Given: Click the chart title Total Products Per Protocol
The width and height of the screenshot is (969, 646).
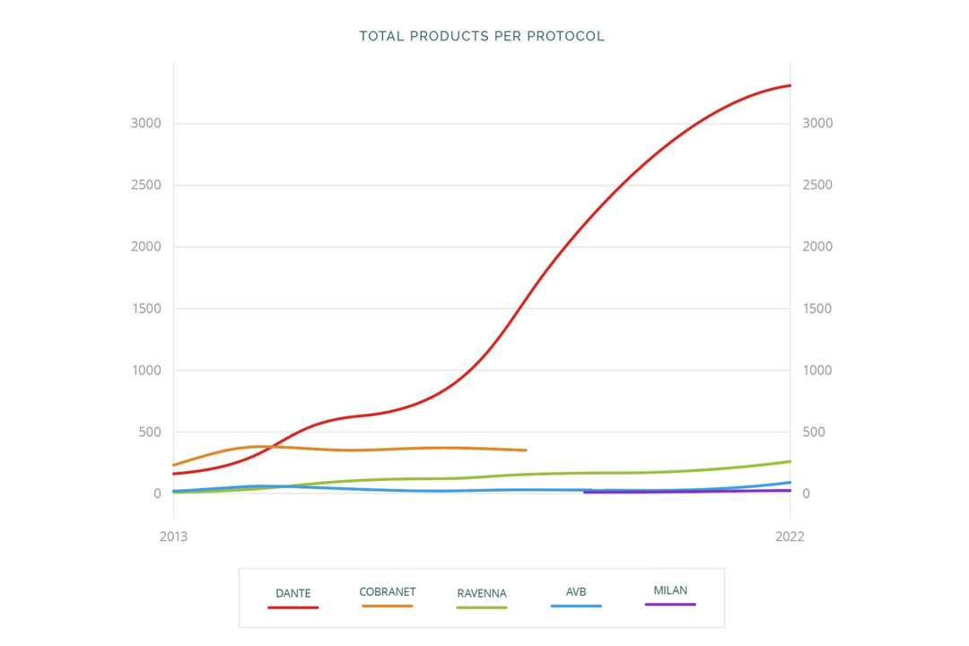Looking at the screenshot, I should (482, 37).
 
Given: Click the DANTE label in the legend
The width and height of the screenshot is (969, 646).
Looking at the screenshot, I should (293, 593).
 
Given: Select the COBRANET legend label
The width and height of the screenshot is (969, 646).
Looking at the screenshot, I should (388, 592).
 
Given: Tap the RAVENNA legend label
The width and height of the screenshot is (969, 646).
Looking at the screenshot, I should (482, 593).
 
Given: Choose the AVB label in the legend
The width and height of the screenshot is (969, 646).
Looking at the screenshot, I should (576, 592).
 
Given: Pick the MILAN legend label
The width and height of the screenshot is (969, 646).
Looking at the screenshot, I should (670, 590).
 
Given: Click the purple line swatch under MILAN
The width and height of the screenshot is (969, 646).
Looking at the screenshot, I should (670, 605).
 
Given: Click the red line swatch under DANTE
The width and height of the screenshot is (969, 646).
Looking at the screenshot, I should (293, 607).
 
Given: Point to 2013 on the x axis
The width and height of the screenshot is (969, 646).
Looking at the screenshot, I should (173, 537).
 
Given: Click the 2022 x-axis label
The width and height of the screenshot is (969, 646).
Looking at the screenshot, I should (790, 537).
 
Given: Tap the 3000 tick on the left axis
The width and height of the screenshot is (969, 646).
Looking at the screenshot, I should (145, 123).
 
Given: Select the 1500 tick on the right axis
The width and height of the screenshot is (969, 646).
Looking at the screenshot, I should (817, 309).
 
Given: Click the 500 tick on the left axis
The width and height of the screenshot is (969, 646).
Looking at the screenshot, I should (149, 432).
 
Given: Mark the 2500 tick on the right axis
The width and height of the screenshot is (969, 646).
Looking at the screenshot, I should (817, 185).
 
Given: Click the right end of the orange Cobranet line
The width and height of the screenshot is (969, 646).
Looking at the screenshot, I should (526, 450).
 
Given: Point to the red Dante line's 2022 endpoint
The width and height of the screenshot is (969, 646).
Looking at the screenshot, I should (790, 85).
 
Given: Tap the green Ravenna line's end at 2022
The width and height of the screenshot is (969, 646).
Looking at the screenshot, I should (790, 461).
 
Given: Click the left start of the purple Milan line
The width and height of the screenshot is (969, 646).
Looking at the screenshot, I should (585, 492).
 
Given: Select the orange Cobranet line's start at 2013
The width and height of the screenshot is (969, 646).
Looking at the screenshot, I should (174, 465).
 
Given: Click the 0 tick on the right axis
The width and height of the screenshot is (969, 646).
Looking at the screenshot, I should (807, 493).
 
